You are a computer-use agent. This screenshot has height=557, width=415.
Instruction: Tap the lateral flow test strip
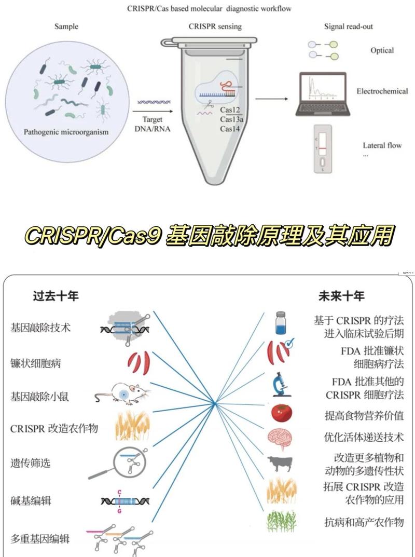click(323, 148)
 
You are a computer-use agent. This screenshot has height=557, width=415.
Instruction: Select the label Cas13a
click(231, 119)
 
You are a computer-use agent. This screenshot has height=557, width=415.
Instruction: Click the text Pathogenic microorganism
click(66, 132)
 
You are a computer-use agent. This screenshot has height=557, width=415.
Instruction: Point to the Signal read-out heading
click(348, 26)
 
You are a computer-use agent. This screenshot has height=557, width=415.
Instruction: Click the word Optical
click(382, 50)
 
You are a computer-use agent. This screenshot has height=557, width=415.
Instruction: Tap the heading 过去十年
click(56, 296)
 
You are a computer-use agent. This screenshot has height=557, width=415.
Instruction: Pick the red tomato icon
click(282, 412)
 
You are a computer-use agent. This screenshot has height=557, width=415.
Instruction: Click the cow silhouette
click(281, 464)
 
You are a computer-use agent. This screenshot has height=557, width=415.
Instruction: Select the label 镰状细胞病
click(36, 363)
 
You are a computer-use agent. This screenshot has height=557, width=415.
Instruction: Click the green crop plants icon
click(281, 521)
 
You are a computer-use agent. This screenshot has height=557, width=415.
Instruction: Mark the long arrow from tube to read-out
click(272, 98)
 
